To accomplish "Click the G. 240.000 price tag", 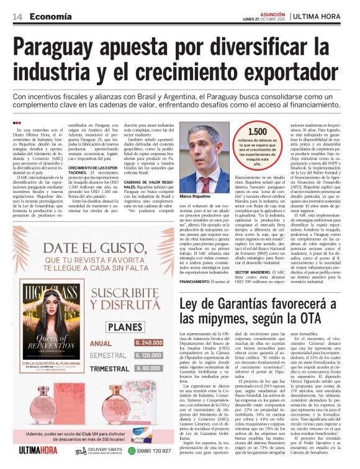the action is point(148,342).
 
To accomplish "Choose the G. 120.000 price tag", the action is point(148,355).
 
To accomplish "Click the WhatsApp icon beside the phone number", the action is point(131,450).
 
